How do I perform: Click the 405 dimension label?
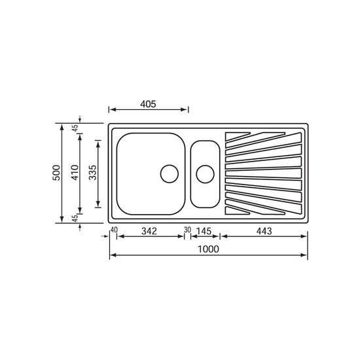point(148,104)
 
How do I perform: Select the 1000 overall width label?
point(208,249)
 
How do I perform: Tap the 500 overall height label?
point(56,173)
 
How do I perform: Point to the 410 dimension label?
point(75,173)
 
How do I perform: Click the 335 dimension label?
point(93,173)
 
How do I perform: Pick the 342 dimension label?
point(149,231)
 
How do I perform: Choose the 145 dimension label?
point(204,231)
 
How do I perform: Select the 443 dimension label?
point(264,231)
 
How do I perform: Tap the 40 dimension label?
point(114,230)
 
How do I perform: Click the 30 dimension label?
point(187,230)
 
